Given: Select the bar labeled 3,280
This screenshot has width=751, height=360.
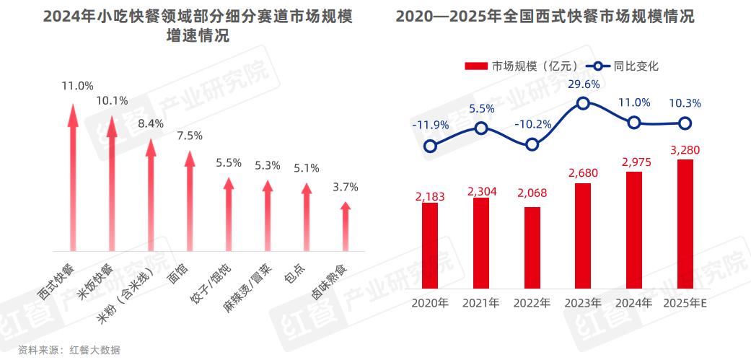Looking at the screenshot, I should pyautogui.click(x=685, y=223).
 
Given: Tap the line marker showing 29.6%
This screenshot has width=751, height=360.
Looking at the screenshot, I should pyautogui.click(x=583, y=103).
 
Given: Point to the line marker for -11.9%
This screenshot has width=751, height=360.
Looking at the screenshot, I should pyautogui.click(x=430, y=146).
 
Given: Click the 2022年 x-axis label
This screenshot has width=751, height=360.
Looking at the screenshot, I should pyautogui.click(x=532, y=302).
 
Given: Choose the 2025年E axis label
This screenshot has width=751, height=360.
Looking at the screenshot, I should pyautogui.click(x=685, y=302).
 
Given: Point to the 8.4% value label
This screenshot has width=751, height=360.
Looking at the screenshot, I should pyautogui.click(x=151, y=123).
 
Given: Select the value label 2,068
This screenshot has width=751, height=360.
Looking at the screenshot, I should pyautogui.click(x=532, y=195).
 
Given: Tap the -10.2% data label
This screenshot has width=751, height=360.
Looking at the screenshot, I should pyautogui.click(x=532, y=123).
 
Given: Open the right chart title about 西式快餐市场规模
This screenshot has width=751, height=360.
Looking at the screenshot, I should pyautogui.click(x=545, y=16).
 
